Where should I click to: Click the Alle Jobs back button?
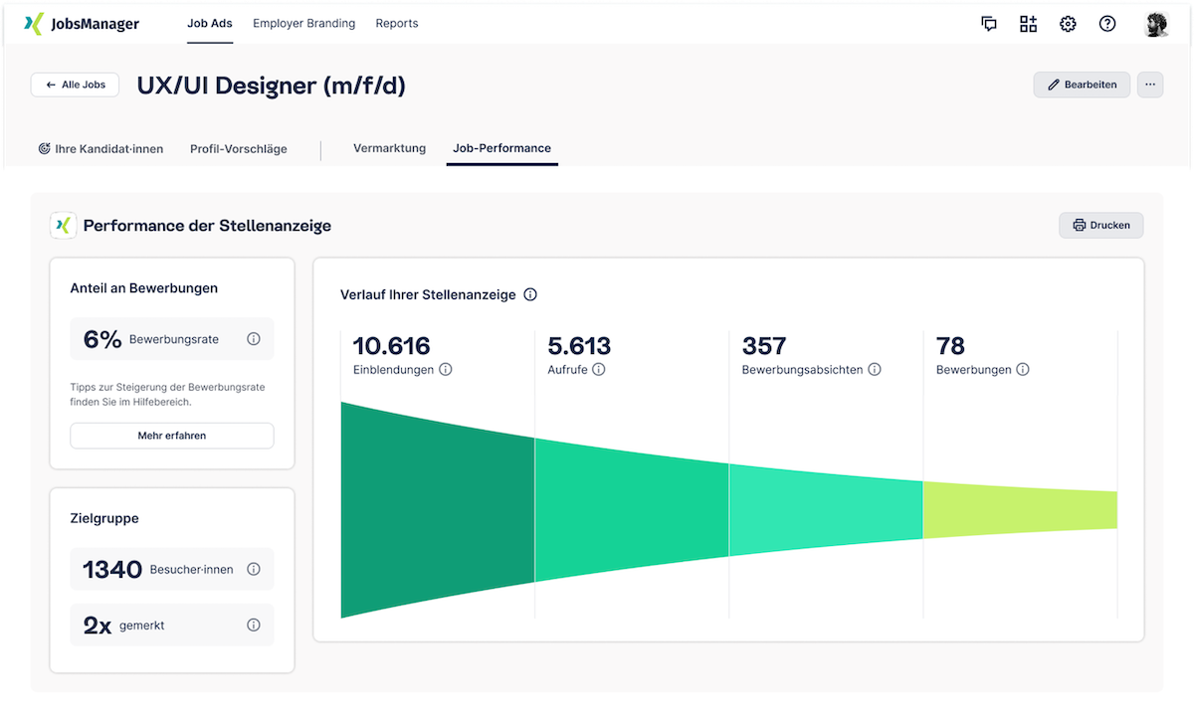tap(75, 85)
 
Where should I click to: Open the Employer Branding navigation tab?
tap(303, 24)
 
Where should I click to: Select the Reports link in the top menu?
tap(397, 24)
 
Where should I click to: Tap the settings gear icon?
tap(1068, 24)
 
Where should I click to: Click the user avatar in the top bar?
tap(1156, 24)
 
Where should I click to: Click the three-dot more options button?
tap(1150, 85)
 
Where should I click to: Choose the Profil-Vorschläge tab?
tap(239, 149)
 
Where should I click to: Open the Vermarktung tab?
tap(389, 148)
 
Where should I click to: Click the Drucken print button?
tap(1100, 225)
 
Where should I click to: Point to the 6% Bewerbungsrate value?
tap(102, 339)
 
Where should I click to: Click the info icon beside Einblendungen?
tap(446, 370)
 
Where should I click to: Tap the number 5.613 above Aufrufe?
tap(579, 346)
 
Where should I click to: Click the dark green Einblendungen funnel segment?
tap(438, 509)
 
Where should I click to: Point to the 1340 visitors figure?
tap(112, 570)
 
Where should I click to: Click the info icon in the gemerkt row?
tap(254, 626)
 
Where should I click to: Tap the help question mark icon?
tap(1107, 24)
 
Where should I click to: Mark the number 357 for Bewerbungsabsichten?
tap(764, 346)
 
